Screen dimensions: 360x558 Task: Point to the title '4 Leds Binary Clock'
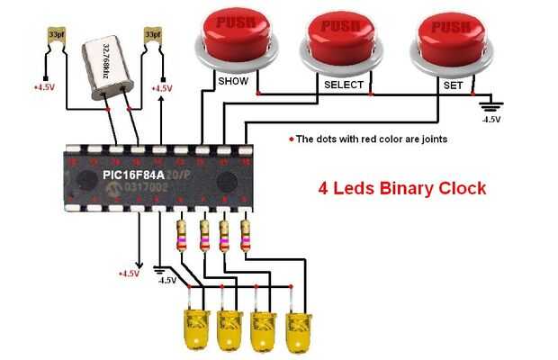click(402, 189)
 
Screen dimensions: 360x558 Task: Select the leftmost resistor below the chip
click(183, 235)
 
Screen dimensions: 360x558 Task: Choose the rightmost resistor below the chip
click(245, 235)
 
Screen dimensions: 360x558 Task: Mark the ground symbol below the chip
click(162, 268)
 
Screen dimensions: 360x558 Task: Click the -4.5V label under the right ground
click(491, 118)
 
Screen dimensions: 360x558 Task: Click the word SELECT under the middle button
click(344, 85)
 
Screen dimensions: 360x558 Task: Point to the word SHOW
click(232, 82)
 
